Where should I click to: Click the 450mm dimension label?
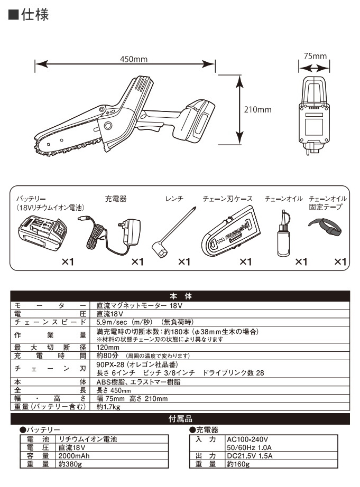[x=125, y=59]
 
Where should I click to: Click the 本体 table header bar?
[x=180, y=296]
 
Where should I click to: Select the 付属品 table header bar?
[x=180, y=419]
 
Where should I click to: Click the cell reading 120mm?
[x=107, y=348]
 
